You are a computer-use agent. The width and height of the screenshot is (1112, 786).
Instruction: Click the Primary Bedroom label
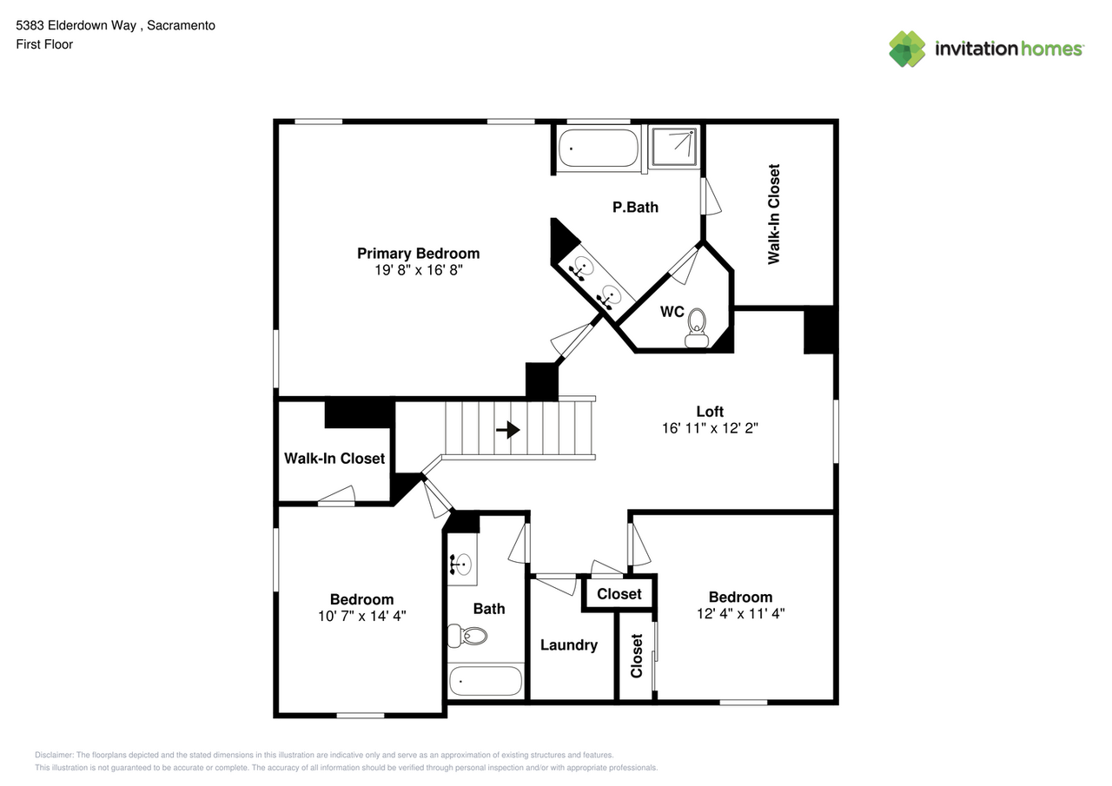coord(418,254)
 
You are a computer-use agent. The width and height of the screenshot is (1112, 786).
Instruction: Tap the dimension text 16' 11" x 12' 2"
coord(710,428)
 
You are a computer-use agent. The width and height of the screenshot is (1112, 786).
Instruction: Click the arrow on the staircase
coord(508,429)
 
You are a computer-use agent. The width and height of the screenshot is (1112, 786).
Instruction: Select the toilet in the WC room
coord(696,331)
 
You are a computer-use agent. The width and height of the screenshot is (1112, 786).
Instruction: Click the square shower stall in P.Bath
coord(674,146)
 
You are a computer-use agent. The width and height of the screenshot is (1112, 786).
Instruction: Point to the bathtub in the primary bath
coord(598,148)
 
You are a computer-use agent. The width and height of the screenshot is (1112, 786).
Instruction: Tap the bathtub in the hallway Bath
coord(485,681)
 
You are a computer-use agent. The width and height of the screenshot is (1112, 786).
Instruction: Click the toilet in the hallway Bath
coord(467,637)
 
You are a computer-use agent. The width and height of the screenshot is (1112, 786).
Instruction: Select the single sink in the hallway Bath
coord(460,564)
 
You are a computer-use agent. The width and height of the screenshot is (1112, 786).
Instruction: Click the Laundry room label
coord(568,645)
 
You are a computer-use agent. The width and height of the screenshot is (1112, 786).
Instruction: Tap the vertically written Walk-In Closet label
coord(773,214)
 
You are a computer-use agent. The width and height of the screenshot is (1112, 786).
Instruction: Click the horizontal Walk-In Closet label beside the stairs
coord(334,459)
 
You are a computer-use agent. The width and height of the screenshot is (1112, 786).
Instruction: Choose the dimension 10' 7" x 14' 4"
coord(361,616)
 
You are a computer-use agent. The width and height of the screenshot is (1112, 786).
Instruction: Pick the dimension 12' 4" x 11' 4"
coord(740,613)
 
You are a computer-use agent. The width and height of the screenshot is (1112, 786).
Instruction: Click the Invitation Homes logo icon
coord(907,49)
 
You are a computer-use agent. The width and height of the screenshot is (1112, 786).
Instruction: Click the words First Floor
coord(44,44)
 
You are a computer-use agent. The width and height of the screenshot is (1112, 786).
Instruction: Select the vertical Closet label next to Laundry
coord(637,656)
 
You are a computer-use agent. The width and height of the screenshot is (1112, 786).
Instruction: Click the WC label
coord(672,312)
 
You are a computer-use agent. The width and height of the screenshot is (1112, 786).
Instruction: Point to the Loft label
coord(710,412)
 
